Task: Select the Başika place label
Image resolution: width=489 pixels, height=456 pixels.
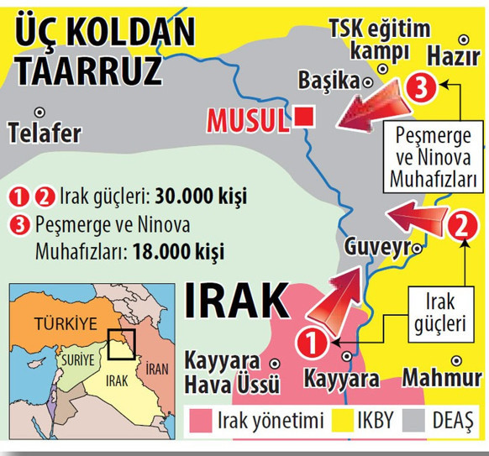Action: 329,81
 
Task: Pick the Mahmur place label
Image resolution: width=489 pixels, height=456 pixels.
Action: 441,378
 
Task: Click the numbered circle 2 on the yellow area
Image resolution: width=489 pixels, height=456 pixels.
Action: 460,224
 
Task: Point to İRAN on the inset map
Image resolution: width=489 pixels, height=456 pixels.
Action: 156,368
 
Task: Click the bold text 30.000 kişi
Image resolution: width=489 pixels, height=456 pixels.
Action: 201,198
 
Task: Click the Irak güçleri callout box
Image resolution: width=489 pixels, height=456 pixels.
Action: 444,312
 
